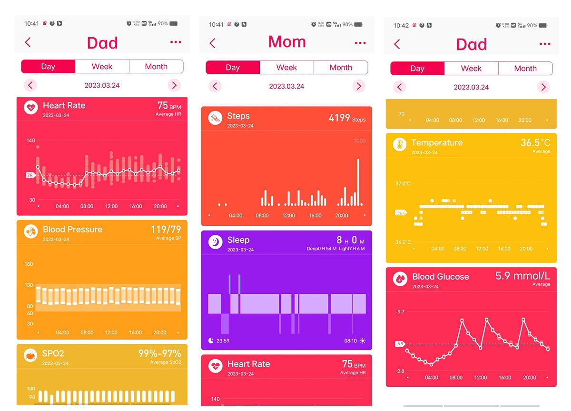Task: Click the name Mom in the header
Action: pyautogui.click(x=287, y=42)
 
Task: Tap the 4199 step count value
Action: pyautogui.click(x=339, y=118)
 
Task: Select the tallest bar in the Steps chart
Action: pyautogui.click(x=358, y=182)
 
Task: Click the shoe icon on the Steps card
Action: pyautogui.click(x=216, y=119)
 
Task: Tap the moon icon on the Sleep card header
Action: pyautogui.click(x=216, y=242)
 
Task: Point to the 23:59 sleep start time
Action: pyautogui.click(x=223, y=341)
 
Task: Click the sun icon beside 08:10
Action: pyautogui.click(x=363, y=341)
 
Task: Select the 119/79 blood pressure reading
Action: pyautogui.click(x=166, y=230)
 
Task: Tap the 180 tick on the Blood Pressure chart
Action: pyautogui.click(x=29, y=264)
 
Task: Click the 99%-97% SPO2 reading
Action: pyautogui.click(x=159, y=354)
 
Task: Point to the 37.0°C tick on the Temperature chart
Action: pyautogui.click(x=403, y=183)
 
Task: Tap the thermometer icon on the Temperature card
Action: pyautogui.click(x=400, y=145)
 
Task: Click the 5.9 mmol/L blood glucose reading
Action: pyautogui.click(x=522, y=276)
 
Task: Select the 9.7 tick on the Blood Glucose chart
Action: pyautogui.click(x=401, y=312)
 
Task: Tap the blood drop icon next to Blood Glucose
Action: pyautogui.click(x=400, y=279)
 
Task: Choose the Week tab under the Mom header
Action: pyautogui.click(x=286, y=68)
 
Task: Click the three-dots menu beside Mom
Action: pyautogui.click(x=360, y=43)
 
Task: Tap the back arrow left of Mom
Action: pyautogui.click(x=212, y=43)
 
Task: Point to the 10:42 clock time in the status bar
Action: pyautogui.click(x=401, y=25)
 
